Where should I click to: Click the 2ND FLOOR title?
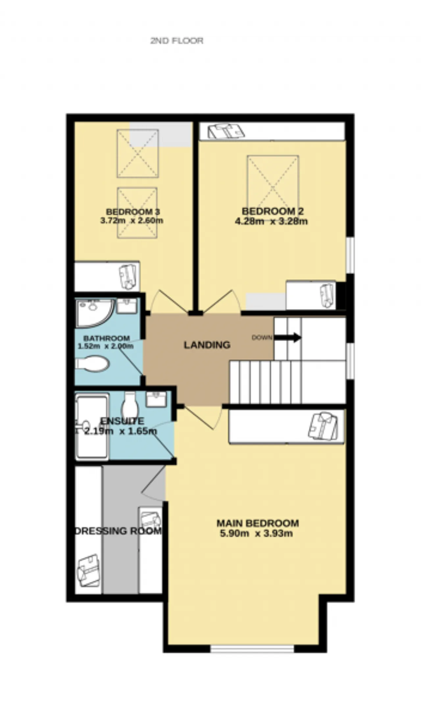click(177, 41)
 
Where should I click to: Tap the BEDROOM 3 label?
click(133, 212)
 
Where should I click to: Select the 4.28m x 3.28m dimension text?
click(271, 221)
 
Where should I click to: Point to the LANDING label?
click(207, 345)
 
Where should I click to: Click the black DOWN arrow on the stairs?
click(287, 337)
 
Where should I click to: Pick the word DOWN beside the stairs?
click(262, 337)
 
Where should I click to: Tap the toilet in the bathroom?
click(92, 364)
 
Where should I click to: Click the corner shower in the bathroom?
click(94, 313)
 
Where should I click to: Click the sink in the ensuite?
click(156, 399)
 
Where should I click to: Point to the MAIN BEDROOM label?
click(258, 523)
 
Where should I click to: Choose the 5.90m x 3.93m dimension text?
click(256, 533)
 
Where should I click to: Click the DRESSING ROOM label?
click(118, 531)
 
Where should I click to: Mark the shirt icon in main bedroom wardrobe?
click(323, 426)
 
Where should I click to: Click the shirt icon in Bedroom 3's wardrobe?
click(128, 277)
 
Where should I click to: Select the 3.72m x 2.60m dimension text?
click(132, 221)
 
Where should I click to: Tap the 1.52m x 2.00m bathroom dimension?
click(106, 346)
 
